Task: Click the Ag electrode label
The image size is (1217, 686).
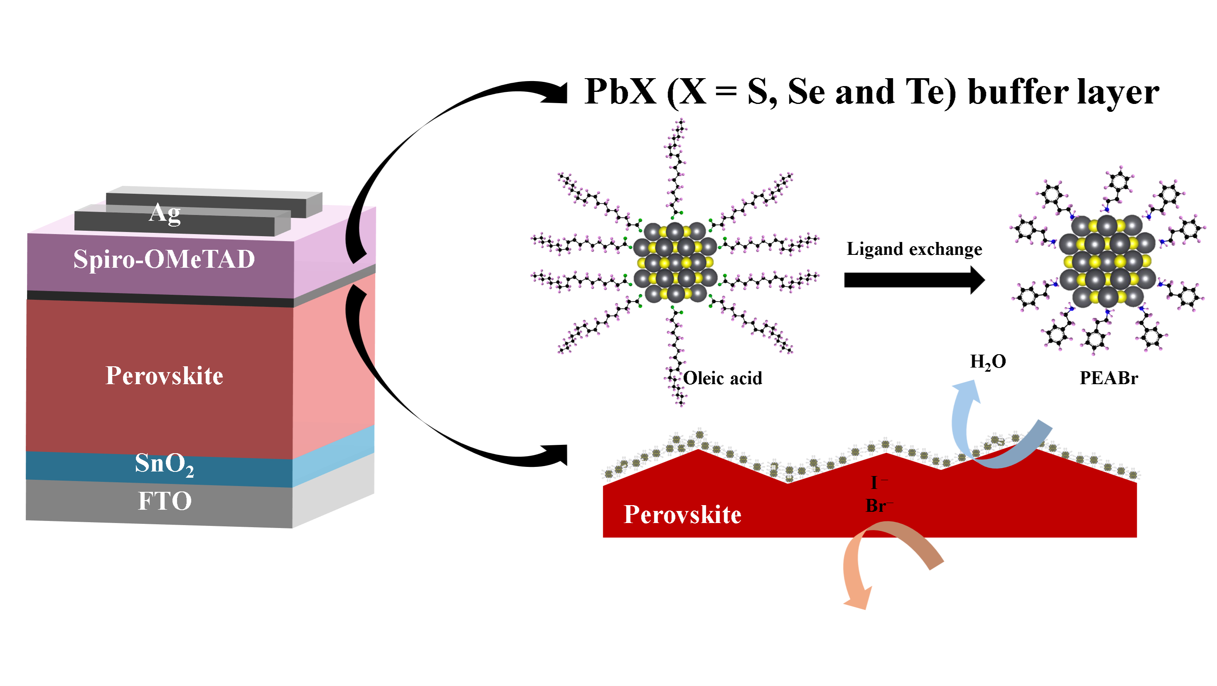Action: pyautogui.click(x=165, y=213)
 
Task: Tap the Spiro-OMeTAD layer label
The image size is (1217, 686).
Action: pyautogui.click(x=164, y=259)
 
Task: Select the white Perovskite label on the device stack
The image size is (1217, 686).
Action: pyautogui.click(x=164, y=376)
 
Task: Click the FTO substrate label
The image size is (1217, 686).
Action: pyautogui.click(x=165, y=501)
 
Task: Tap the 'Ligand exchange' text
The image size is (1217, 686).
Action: pyautogui.click(x=914, y=249)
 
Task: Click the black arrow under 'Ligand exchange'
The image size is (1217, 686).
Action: pyautogui.click(x=914, y=280)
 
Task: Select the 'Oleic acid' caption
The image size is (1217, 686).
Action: pyautogui.click(x=723, y=378)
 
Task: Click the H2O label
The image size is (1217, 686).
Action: pyautogui.click(x=987, y=362)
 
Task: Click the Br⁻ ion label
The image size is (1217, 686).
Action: pyautogui.click(x=877, y=506)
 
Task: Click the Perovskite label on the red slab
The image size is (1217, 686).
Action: pyautogui.click(x=682, y=514)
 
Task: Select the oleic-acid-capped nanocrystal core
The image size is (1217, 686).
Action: pyautogui.click(x=675, y=262)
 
